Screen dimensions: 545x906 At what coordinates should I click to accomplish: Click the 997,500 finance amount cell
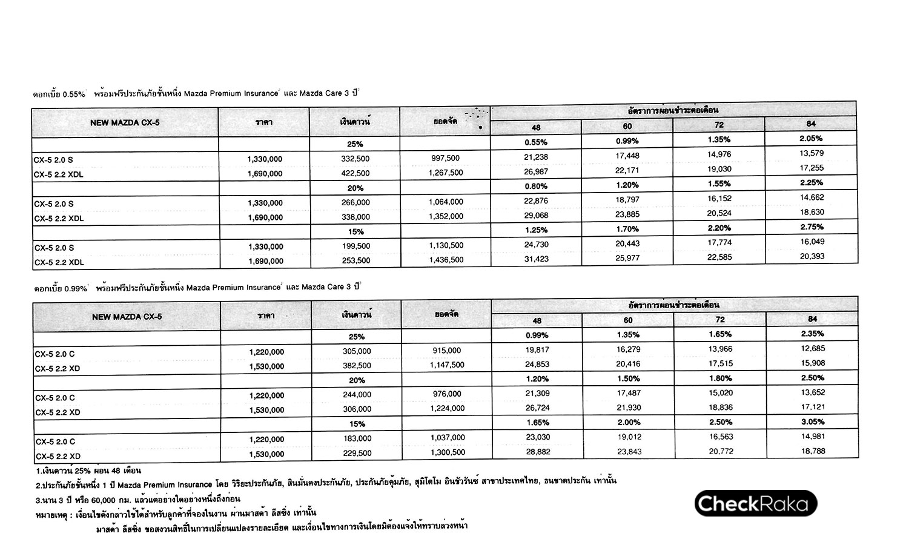(x=445, y=159)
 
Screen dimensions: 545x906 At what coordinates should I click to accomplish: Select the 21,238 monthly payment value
(x=536, y=157)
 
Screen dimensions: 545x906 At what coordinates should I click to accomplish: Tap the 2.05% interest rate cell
(x=810, y=139)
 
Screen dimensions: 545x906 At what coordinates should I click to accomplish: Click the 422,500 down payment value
(x=355, y=173)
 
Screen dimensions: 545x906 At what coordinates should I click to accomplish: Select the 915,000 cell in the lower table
(x=446, y=351)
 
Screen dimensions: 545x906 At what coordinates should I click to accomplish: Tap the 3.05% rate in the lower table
(x=812, y=421)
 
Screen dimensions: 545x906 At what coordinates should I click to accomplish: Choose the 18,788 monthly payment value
(x=812, y=451)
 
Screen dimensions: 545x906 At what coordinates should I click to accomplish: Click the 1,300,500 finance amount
(x=446, y=452)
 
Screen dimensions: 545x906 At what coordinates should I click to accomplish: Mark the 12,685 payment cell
(x=812, y=349)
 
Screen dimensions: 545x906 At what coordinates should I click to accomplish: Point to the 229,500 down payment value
(x=356, y=454)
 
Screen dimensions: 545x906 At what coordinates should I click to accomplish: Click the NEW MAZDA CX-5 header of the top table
(x=125, y=123)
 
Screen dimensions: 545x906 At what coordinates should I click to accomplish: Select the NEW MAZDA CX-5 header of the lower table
(x=127, y=317)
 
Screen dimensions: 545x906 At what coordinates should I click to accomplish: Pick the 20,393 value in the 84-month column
(x=811, y=256)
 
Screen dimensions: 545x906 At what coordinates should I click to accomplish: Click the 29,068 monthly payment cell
(x=536, y=216)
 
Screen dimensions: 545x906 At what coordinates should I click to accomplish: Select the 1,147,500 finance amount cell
(x=446, y=365)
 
